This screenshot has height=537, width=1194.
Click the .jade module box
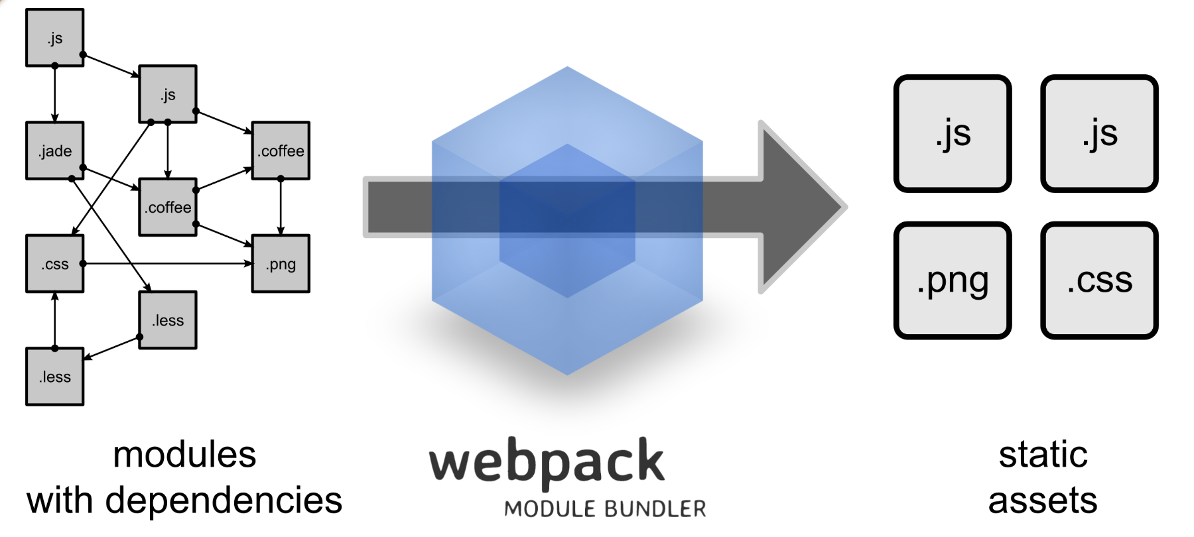pyautogui.click(x=55, y=150)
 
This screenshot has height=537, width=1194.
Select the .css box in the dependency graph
pyautogui.click(x=55, y=263)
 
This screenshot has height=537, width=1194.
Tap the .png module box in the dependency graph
pyautogui.click(x=281, y=263)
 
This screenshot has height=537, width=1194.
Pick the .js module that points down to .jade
pyautogui.click(x=55, y=38)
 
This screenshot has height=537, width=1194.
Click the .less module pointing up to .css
pyautogui.click(x=55, y=377)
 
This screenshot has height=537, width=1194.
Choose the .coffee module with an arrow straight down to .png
pyautogui.click(x=281, y=150)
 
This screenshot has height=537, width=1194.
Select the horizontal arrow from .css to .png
pyautogui.click(x=166, y=263)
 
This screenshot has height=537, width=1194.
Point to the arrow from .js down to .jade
pyautogui.click(x=55, y=93)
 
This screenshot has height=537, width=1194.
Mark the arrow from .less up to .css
pyautogui.click(x=55, y=320)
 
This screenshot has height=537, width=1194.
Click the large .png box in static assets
pyautogui.click(x=953, y=280)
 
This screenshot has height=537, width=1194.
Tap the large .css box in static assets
pyautogui.click(x=1099, y=280)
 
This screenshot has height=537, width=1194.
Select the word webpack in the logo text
pyautogui.click(x=547, y=462)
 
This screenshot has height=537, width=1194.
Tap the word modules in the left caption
pyautogui.click(x=184, y=455)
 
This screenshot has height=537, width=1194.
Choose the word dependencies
pyautogui.click(x=224, y=501)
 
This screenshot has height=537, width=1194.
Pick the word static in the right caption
pyautogui.click(x=1043, y=455)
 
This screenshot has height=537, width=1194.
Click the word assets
pyautogui.click(x=1043, y=501)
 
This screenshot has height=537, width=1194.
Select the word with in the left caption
pyautogui.click(x=60, y=501)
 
